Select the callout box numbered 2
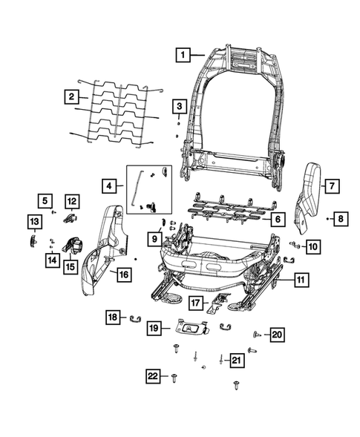pyautogui.click(x=71, y=96)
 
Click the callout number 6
pyautogui.click(x=275, y=219)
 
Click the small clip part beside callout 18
pyautogui.click(x=137, y=319)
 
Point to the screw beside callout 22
pyautogui.click(x=174, y=378)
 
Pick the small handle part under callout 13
pyautogui.click(x=34, y=239)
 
